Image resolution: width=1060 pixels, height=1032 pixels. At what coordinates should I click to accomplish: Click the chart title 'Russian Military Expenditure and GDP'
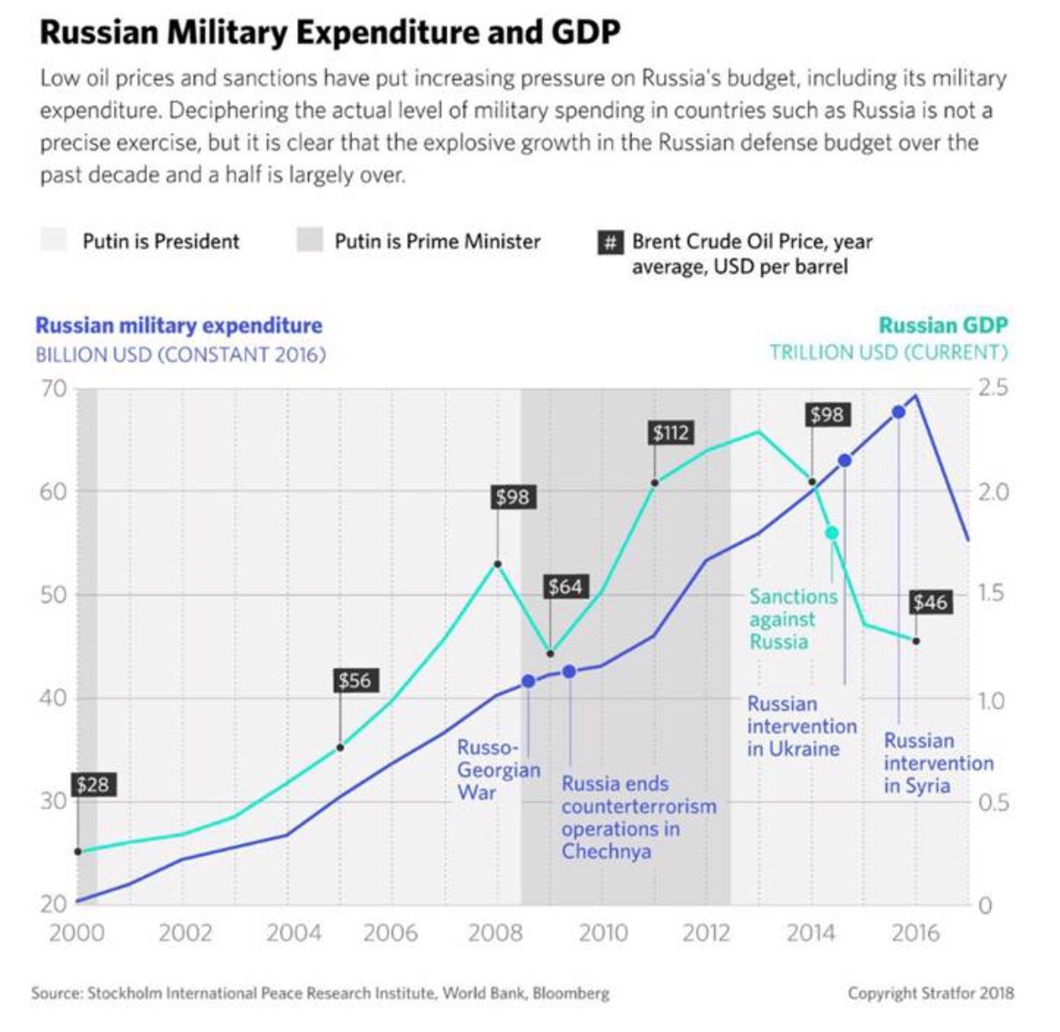tap(329, 32)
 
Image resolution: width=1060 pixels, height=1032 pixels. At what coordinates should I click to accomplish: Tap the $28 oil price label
tap(92, 785)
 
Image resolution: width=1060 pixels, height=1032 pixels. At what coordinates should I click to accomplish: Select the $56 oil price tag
tap(354, 681)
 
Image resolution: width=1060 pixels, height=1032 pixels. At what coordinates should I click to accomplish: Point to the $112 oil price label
tap(670, 432)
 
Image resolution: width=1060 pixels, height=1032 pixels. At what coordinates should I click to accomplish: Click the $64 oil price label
tap(565, 587)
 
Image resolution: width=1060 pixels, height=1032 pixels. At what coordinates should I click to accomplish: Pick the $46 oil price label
tap(929, 602)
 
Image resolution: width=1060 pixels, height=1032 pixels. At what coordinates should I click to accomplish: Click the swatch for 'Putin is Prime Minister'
tap(309, 241)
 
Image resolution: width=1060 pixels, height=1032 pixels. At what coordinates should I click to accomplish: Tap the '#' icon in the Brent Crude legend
tap(609, 242)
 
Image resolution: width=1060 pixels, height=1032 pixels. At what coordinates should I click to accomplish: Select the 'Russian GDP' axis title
tap(942, 325)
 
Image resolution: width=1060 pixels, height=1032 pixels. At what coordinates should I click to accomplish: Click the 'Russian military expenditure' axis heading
tap(178, 325)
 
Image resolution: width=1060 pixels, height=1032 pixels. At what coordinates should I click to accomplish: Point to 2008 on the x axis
tap(495, 932)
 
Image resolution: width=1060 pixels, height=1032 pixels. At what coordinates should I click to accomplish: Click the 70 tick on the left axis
tap(53, 389)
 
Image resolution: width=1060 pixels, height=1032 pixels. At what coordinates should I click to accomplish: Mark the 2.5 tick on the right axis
tap(993, 388)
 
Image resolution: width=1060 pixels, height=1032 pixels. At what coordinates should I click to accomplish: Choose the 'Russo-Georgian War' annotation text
tap(498, 769)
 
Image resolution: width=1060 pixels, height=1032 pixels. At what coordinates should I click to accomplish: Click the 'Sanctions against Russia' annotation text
tap(792, 619)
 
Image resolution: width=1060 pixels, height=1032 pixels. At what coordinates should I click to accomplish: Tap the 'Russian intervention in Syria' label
tap(937, 762)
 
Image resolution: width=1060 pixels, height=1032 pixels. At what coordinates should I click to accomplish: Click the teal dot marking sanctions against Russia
tap(831, 533)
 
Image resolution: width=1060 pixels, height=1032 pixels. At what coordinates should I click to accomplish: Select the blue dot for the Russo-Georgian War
tap(528, 681)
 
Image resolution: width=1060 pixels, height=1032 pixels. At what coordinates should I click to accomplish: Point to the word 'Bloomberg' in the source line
tap(571, 993)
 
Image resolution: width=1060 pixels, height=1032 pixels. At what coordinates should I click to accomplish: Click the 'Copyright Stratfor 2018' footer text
tap(930, 993)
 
